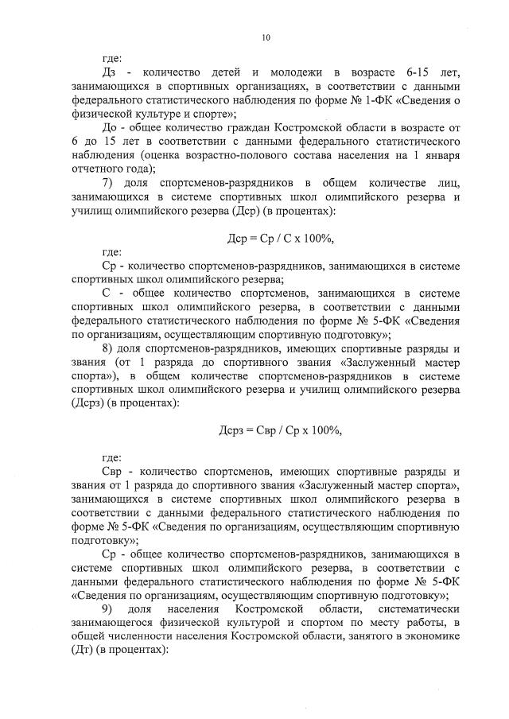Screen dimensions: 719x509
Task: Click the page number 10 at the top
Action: (266, 37)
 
